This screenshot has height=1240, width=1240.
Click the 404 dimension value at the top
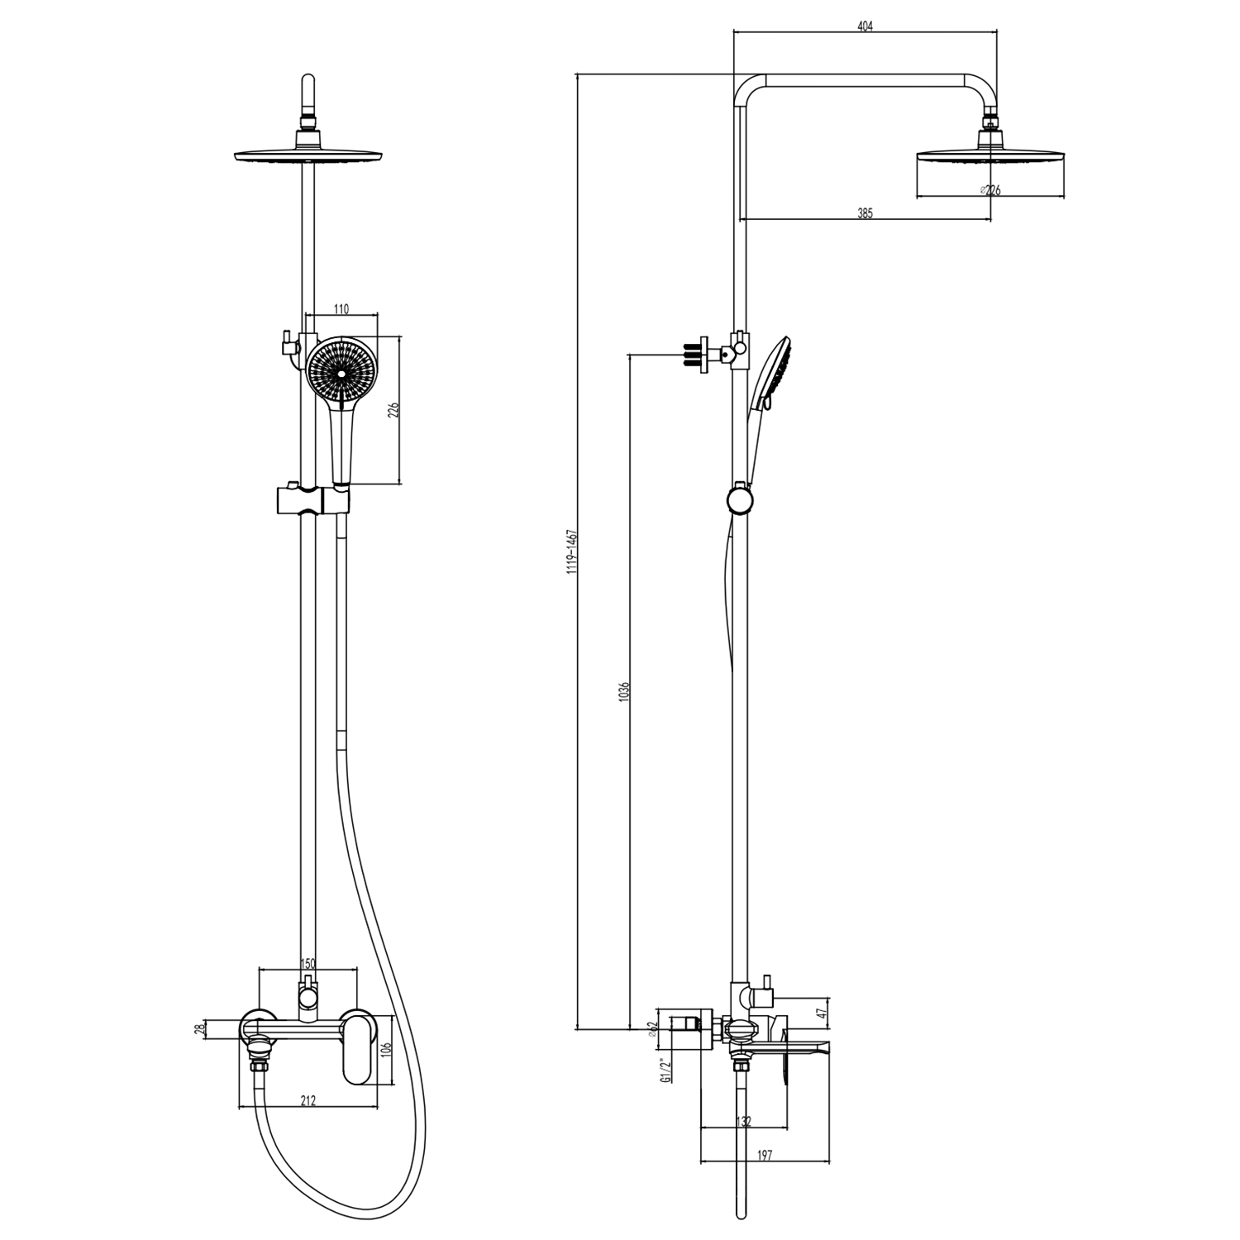pos(865,26)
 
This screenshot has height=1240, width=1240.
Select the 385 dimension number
pos(865,213)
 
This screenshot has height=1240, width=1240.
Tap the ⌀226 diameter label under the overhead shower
pos(990,190)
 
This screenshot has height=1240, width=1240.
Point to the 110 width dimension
pos(341,309)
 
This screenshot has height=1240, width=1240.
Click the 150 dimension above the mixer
pos(308,963)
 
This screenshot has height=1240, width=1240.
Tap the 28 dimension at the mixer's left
pos(198,1028)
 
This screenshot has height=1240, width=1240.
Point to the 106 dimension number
pos(386,1052)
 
